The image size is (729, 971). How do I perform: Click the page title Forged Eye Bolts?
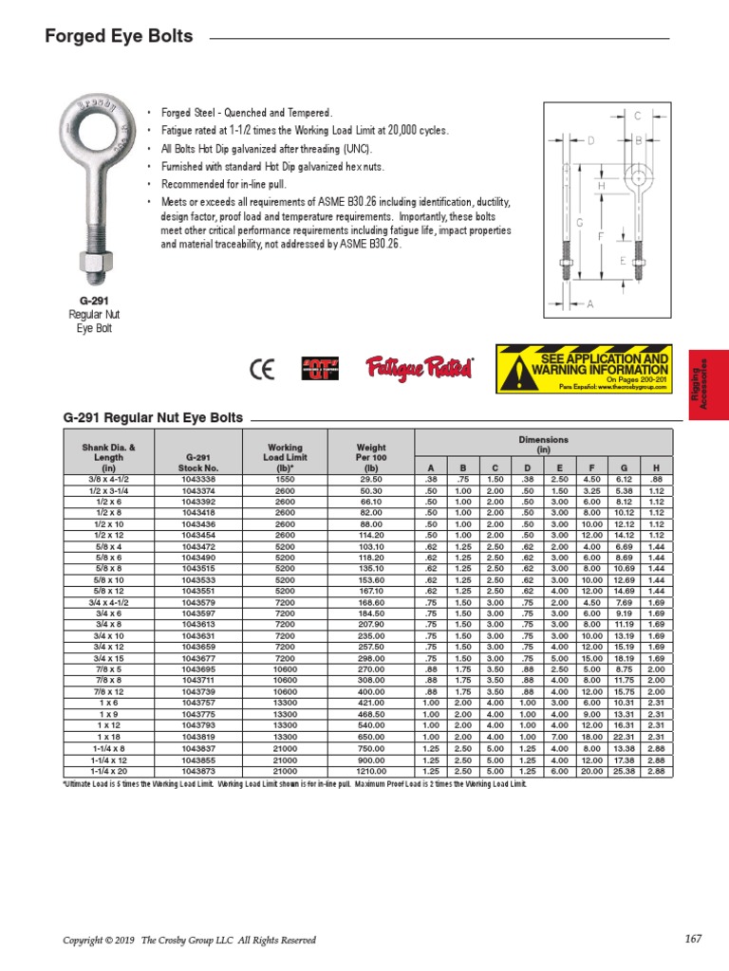(120, 37)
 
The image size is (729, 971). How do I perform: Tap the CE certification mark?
(260, 369)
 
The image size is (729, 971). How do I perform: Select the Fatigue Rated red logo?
(420, 367)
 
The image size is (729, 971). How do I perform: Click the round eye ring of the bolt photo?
(94, 122)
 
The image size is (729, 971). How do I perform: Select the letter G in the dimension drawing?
(579, 221)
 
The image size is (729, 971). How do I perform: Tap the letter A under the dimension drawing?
(590, 304)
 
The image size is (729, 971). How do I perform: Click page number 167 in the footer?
(692, 939)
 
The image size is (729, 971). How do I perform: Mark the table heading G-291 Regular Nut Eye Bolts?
(152, 417)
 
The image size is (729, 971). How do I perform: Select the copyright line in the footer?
(189, 940)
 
